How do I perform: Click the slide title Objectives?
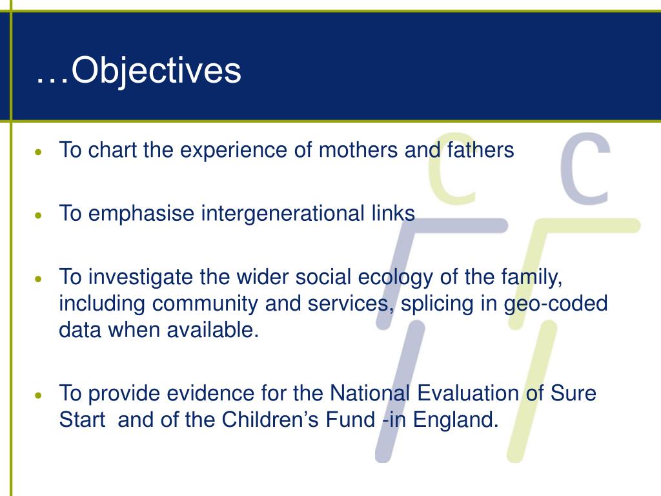point(138,71)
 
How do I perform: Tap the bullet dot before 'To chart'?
point(39,152)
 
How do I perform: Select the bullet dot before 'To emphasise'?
point(39,216)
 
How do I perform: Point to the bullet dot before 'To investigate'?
point(39,279)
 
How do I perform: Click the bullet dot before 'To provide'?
point(39,395)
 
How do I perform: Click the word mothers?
point(358,150)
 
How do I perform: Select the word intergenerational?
point(283,214)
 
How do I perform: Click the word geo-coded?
point(556,305)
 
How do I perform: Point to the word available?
point(212,330)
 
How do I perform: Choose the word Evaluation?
point(468,393)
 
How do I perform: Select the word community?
point(205,305)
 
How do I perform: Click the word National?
point(370,393)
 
